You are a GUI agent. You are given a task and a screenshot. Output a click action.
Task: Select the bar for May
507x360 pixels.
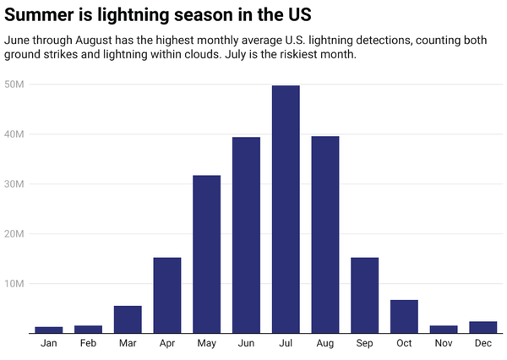tap(206, 254)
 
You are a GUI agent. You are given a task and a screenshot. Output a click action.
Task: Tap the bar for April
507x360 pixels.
tap(167, 295)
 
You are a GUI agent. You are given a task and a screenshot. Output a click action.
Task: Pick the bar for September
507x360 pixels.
tap(364, 295)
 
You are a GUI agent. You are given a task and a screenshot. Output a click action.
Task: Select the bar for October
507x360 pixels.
tap(404, 316)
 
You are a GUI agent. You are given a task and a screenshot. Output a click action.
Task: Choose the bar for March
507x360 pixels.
tap(128, 319)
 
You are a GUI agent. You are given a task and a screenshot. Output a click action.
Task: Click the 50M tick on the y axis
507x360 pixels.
tap(14, 85)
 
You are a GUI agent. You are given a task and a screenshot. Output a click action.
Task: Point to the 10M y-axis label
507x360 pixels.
tap(14, 284)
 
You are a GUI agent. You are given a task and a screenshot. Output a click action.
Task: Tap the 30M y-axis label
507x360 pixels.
tap(14, 184)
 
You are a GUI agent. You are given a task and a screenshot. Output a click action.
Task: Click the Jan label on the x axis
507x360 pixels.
tap(49, 343)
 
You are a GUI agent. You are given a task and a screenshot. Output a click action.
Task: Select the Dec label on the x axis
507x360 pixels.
tap(482, 343)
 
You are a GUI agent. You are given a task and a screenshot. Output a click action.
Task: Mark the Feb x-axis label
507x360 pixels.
tap(88, 343)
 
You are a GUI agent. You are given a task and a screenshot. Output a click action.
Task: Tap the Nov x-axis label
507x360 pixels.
tap(443, 343)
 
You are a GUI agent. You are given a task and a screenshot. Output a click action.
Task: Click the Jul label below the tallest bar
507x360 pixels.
tap(286, 343)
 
